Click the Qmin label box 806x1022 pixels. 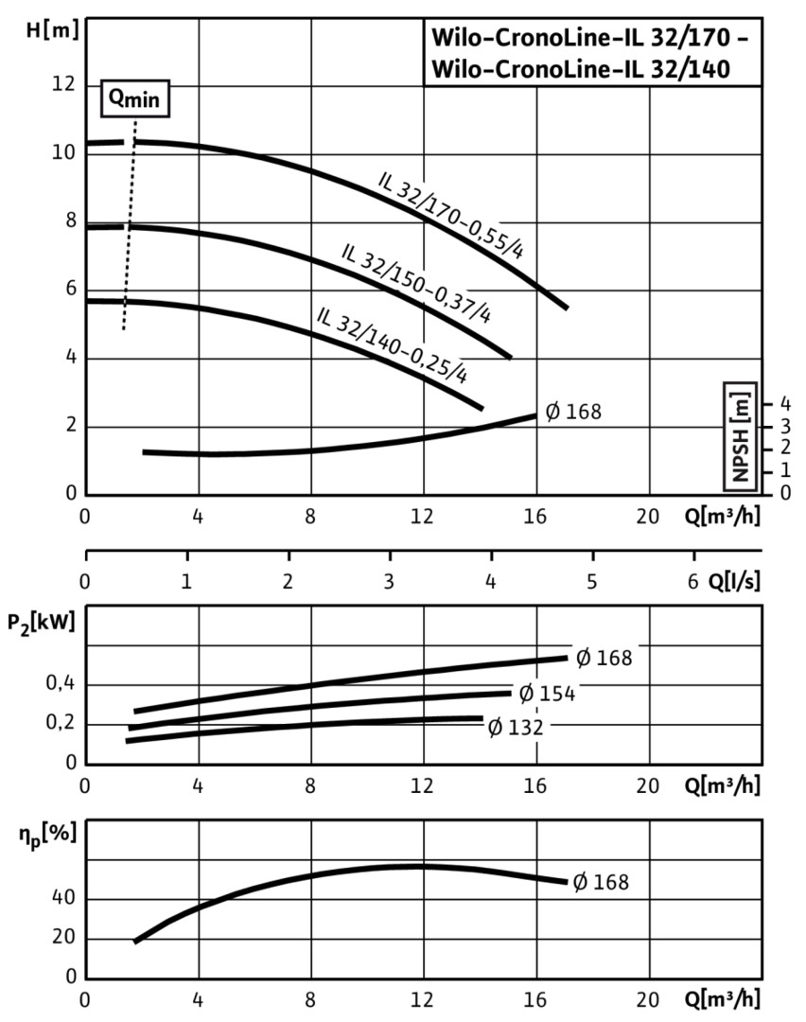coord(136,99)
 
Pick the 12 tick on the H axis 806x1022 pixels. coord(62,85)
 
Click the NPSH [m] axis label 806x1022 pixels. coord(740,435)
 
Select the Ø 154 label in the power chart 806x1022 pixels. coord(547,694)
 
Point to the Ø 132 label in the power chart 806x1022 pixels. coord(516,727)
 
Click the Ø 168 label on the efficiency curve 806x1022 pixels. coord(600,882)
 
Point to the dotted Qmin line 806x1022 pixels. coord(130,227)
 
